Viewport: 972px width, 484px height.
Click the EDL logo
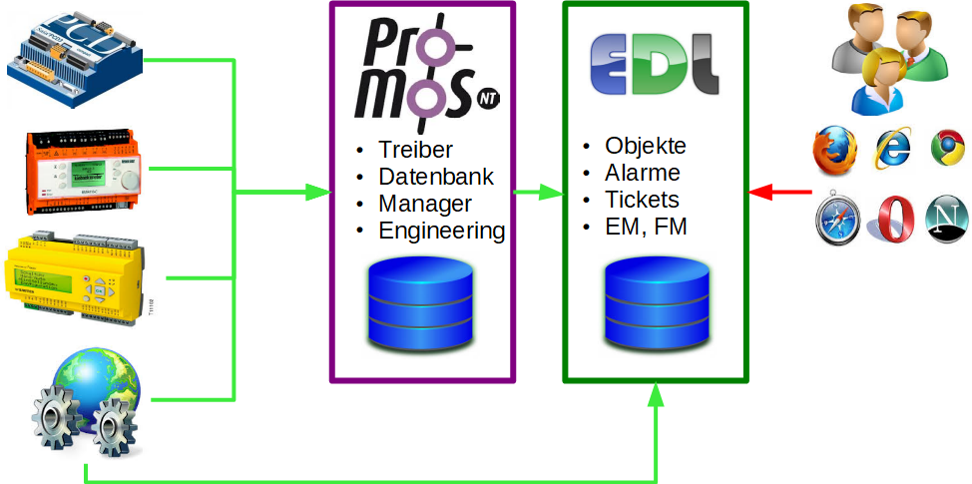click(x=654, y=66)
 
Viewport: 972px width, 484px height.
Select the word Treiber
click(x=415, y=151)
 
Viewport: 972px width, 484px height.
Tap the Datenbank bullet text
click(x=435, y=178)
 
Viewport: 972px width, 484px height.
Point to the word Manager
click(x=425, y=205)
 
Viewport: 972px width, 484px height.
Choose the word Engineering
click(x=441, y=232)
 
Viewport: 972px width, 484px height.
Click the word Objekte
click(x=646, y=146)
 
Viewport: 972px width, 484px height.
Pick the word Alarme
click(x=643, y=173)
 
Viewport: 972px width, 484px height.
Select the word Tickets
click(x=642, y=200)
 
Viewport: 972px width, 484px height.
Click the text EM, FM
click(x=646, y=228)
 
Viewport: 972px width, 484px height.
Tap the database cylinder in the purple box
click(x=422, y=303)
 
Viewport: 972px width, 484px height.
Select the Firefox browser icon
click(x=837, y=151)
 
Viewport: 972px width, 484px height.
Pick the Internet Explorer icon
click(x=894, y=149)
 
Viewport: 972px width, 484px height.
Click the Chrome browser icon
click(x=947, y=148)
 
